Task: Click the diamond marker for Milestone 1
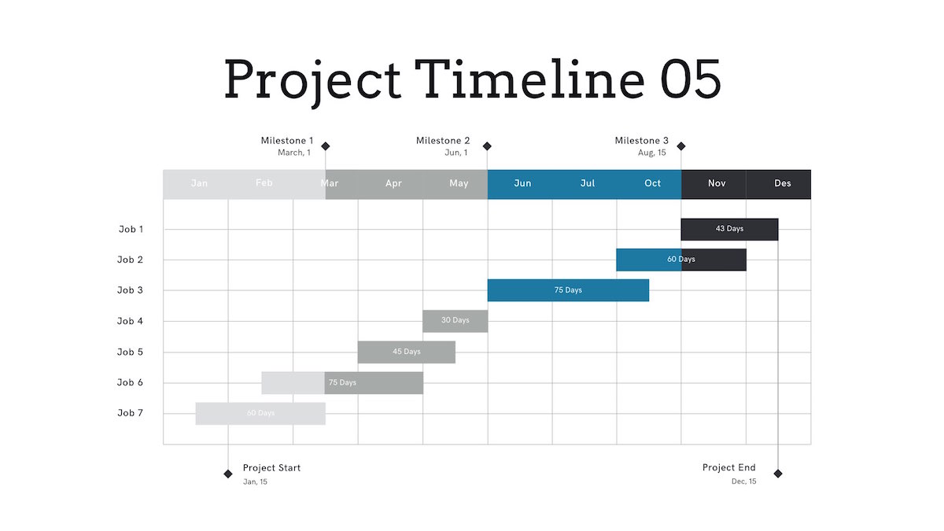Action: [326, 146]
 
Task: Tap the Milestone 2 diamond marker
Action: [487, 146]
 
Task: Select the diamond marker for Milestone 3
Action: [681, 146]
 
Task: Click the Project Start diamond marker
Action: [228, 474]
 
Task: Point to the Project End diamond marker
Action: [778, 474]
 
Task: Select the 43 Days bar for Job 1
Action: [729, 229]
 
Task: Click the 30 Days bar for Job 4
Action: [455, 321]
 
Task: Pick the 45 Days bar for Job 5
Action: [406, 352]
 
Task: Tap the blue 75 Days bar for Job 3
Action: [568, 290]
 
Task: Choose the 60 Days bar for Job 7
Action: [260, 414]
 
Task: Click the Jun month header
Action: [522, 183]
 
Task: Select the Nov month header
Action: [717, 183]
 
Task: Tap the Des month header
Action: [782, 183]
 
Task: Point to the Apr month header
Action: [393, 183]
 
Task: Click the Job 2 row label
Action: [130, 260]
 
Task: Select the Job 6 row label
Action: [130, 382]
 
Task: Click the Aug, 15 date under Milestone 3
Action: [652, 153]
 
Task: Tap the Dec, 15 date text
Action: [744, 481]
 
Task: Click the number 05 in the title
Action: [691, 79]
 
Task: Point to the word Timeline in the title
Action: [529, 79]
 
